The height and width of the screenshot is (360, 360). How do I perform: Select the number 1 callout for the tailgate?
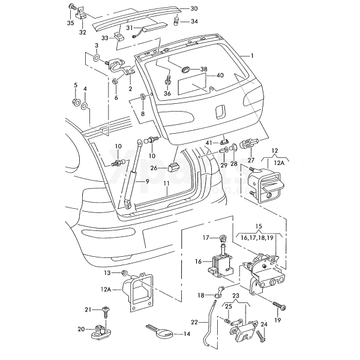click(x=253, y=55)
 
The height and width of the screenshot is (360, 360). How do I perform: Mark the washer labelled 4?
click(x=86, y=106)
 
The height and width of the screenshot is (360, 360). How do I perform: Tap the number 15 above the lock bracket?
click(x=259, y=227)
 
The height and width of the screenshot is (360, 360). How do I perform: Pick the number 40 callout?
click(x=220, y=76)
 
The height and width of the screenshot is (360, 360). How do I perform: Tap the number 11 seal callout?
click(x=166, y=182)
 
